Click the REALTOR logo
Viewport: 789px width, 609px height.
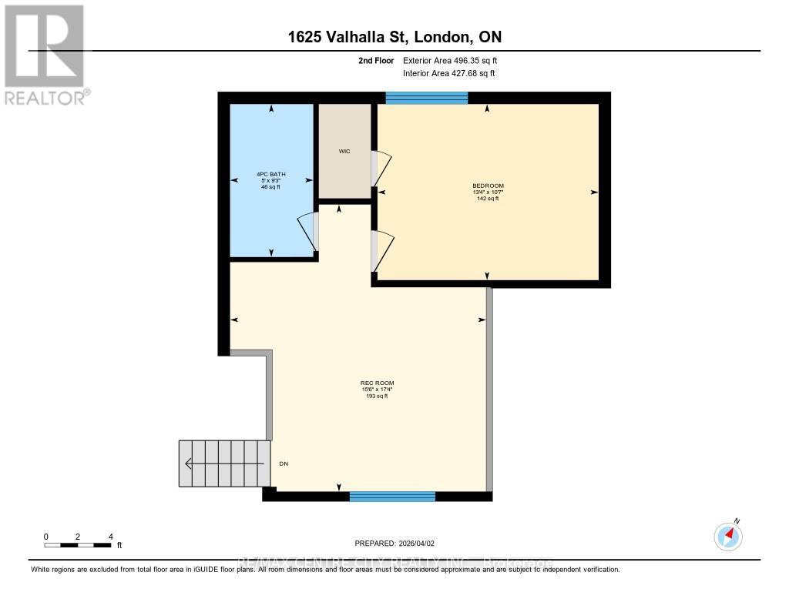tap(45, 54)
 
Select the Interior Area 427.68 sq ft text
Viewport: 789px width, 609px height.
tap(449, 74)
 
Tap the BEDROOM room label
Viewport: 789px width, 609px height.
tap(488, 186)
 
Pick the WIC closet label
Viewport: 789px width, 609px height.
tap(344, 152)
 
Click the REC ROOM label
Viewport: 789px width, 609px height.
tap(371, 383)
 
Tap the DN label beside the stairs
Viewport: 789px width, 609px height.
tap(284, 464)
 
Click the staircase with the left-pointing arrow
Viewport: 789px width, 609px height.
tap(224, 463)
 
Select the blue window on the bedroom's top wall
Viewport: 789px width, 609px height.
tap(426, 97)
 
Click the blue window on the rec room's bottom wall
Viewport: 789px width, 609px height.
tap(392, 497)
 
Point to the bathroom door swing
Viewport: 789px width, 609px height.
tap(308, 231)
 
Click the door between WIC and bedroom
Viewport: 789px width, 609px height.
tap(381, 167)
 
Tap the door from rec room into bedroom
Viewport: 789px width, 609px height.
tap(381, 250)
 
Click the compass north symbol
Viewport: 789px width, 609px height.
tap(728, 536)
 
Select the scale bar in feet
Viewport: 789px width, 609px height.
tap(78, 545)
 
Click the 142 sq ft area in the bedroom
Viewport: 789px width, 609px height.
tap(488, 199)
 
